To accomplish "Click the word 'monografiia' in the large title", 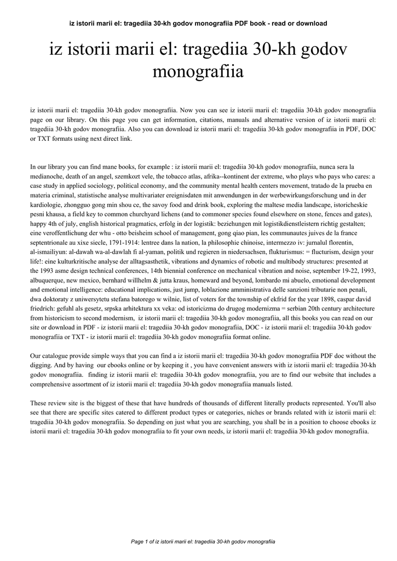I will (198, 72).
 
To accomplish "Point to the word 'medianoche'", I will (50, 176).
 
